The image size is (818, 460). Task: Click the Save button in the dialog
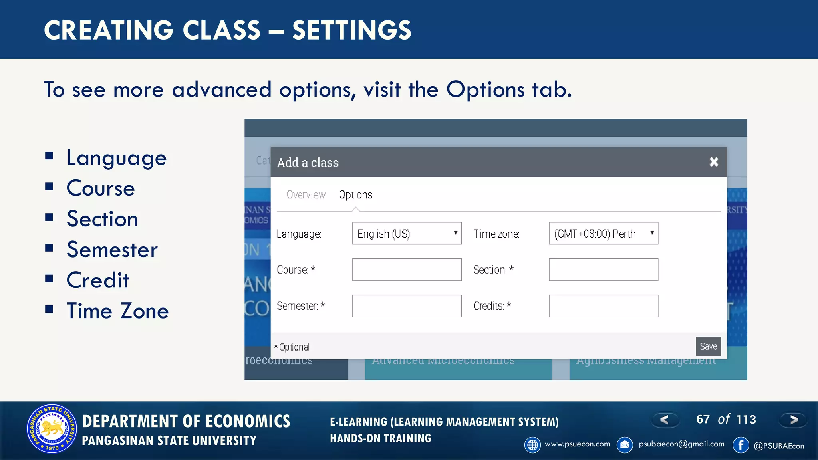(x=708, y=346)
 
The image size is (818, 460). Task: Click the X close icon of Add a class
(x=714, y=162)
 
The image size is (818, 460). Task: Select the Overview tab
(x=306, y=195)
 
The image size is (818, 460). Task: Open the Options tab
(x=355, y=195)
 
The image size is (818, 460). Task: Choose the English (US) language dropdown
(x=407, y=233)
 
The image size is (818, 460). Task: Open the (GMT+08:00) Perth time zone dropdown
(x=603, y=233)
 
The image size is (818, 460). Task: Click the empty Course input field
(x=407, y=270)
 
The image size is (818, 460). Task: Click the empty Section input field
(x=603, y=270)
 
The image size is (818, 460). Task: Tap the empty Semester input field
(x=407, y=306)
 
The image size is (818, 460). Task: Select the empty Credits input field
(x=603, y=306)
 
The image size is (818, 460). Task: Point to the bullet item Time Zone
(x=117, y=311)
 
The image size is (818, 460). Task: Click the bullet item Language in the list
(x=116, y=158)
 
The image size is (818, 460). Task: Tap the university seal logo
(x=52, y=429)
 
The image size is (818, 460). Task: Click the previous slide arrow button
(x=665, y=420)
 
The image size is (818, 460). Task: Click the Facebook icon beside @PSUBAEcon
(x=741, y=445)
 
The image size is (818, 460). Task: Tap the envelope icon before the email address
(x=625, y=445)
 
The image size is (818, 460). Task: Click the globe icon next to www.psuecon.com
(x=532, y=445)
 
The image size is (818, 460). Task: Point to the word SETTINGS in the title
(x=351, y=30)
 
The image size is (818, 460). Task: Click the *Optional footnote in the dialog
(x=292, y=347)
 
